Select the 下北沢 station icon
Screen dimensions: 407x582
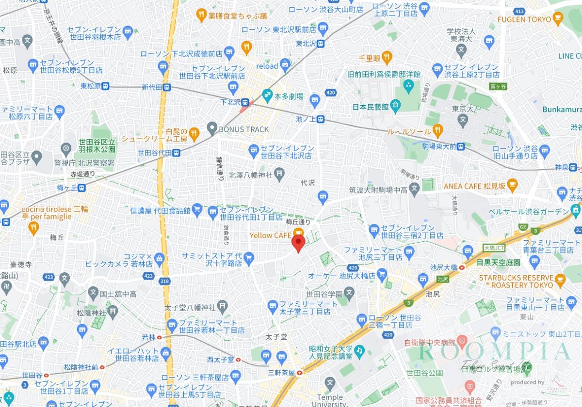245,102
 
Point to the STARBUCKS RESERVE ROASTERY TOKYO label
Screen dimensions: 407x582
516,282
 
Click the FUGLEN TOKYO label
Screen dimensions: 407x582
524,19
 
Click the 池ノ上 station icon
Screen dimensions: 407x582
320,121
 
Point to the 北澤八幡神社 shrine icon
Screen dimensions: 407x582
279,173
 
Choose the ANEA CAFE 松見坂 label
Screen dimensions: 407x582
475,186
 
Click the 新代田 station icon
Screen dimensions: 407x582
167,88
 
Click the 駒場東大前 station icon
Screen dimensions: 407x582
460,146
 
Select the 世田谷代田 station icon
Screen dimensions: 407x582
177,152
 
